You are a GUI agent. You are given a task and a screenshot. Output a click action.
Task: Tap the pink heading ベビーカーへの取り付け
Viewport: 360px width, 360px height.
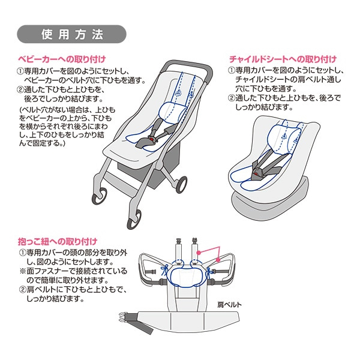pyautogui.click(x=61, y=59)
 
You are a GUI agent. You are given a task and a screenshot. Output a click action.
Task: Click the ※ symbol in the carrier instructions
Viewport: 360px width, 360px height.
pyautogui.click(x=22, y=271)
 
